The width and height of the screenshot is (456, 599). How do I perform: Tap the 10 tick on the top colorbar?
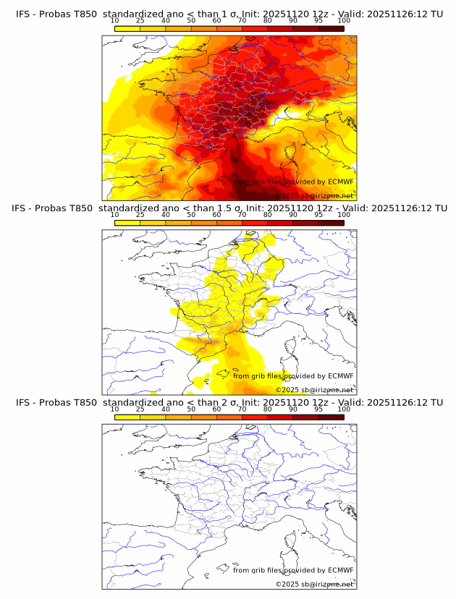(x=114, y=20)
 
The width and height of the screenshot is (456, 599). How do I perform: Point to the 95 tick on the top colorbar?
(x=318, y=20)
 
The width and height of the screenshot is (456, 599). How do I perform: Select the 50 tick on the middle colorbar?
(x=191, y=215)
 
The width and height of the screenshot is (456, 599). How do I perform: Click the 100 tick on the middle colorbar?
(x=344, y=215)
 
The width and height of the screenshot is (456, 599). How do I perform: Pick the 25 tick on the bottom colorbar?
(x=140, y=409)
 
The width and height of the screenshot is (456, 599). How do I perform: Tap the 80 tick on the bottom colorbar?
(x=268, y=409)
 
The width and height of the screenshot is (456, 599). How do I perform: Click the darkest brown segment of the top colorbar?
(x=331, y=28)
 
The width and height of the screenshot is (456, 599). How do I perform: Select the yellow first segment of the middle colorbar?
(x=127, y=223)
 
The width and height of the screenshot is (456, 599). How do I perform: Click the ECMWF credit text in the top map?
(x=293, y=182)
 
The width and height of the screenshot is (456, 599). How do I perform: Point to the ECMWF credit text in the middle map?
(x=293, y=375)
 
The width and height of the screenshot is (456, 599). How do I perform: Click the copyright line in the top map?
(x=314, y=196)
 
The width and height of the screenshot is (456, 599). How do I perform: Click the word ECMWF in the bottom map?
(x=340, y=570)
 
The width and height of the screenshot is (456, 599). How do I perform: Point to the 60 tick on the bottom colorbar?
(x=216, y=409)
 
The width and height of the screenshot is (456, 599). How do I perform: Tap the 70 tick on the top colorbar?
(x=242, y=20)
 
